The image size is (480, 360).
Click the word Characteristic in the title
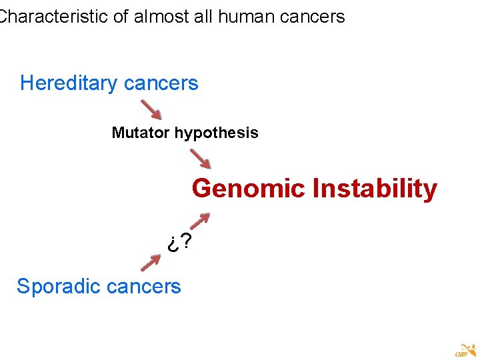pyautogui.click(x=53, y=17)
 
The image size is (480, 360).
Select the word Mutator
pyautogui.click(x=141, y=133)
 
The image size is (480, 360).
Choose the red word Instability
pyautogui.click(x=375, y=189)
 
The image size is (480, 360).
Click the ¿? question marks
pyautogui.click(x=180, y=243)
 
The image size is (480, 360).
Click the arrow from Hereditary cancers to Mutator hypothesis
pyautogui.click(x=152, y=110)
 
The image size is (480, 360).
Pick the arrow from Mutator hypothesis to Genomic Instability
pyautogui.click(x=200, y=159)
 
